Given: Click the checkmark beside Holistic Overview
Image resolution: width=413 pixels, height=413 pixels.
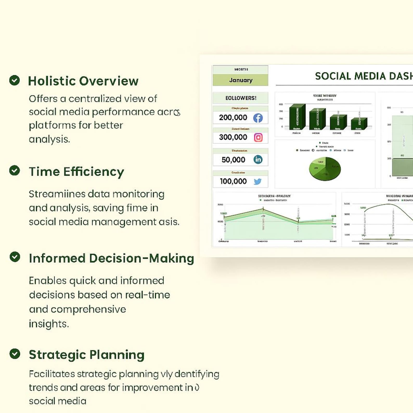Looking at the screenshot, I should point(15,80).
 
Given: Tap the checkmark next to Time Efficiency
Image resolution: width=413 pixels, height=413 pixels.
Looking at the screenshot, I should point(15,170).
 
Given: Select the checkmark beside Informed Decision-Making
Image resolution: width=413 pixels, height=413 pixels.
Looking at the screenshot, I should point(15,257).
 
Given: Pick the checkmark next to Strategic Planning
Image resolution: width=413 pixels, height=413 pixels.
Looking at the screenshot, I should point(15,354).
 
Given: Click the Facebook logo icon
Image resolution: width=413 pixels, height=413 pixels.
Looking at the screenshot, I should point(258,118).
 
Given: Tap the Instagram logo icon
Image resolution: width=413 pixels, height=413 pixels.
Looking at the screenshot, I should point(258,137).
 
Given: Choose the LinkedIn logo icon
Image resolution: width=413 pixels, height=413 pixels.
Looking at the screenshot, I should point(258,159).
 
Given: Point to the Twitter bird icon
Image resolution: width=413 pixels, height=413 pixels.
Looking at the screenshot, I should point(257,181).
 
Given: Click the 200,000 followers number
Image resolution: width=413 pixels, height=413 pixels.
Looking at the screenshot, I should point(233,118).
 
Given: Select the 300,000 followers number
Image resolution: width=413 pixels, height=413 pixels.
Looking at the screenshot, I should point(233,137).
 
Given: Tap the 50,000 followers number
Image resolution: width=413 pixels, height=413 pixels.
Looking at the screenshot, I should point(233,159).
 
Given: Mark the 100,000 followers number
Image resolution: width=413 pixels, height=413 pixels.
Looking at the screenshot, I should point(233,181).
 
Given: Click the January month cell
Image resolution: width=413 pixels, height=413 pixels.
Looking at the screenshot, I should point(241,80).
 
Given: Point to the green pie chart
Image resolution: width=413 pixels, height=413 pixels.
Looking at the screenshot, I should point(325,169).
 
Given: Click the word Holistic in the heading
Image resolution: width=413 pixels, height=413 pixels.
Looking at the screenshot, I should point(51,81).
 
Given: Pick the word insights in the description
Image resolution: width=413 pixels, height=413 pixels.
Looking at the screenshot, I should point(48,324).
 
